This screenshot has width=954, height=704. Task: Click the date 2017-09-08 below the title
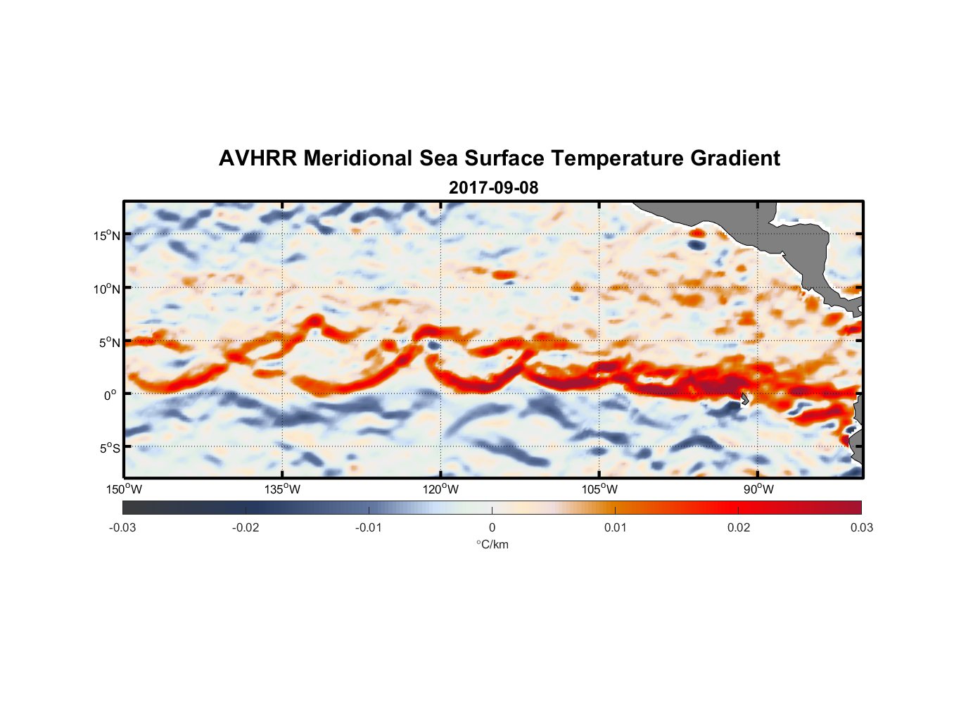pos(493,188)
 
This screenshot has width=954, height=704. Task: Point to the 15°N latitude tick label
pos(107,235)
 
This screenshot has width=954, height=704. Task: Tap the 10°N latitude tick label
pos(107,289)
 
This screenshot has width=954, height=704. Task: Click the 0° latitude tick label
pos(110,395)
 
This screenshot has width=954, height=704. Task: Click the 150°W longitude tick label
pos(124,489)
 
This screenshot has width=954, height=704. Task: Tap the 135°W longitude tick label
pos(282,489)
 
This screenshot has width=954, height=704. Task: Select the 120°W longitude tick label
pos(440,489)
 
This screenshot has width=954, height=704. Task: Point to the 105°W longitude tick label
pos(599,489)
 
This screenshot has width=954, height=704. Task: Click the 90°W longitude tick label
pos(758,489)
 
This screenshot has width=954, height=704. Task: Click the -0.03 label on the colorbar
pos(122,527)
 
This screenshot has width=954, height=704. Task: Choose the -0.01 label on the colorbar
pos(368,527)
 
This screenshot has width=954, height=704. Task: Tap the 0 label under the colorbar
pos(492,527)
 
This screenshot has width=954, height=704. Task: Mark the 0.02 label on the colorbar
pos(738,527)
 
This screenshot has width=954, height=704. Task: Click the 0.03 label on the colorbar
pos(861,527)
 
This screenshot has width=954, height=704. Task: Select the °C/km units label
pos(492,544)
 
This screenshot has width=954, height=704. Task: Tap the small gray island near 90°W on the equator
pos(744,399)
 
